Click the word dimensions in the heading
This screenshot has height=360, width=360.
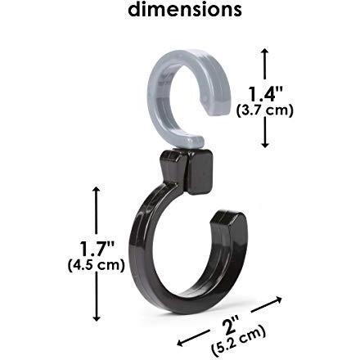pyautogui.click(x=185, y=9)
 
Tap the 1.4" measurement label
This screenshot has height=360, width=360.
pyautogui.click(x=265, y=94)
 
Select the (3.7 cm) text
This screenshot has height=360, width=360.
pyautogui.click(x=265, y=111)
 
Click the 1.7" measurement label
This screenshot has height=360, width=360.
pyautogui.click(x=97, y=248)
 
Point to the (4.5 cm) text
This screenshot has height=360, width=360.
pyautogui.click(x=96, y=265)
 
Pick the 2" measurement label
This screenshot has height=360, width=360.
pyautogui.click(x=231, y=325)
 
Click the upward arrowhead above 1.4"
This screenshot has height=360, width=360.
pyautogui.click(x=265, y=52)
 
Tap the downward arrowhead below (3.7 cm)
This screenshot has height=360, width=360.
pyautogui.click(x=265, y=143)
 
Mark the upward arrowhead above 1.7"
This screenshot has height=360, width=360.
pyautogui.click(x=96, y=191)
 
